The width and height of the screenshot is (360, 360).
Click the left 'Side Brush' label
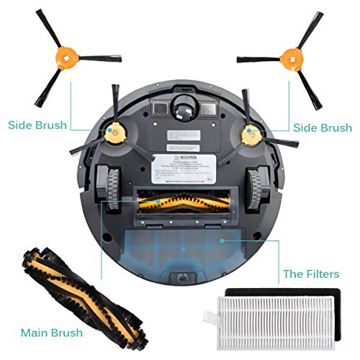pyautogui.click(x=37, y=125)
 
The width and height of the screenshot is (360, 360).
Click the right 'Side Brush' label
pyautogui.click(x=322, y=127)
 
